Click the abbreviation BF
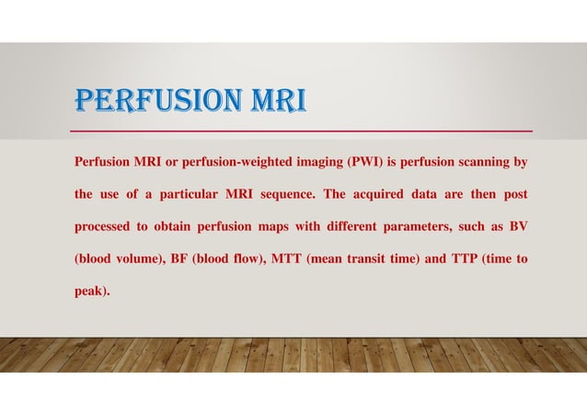[181, 259]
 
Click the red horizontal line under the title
[303, 131]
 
